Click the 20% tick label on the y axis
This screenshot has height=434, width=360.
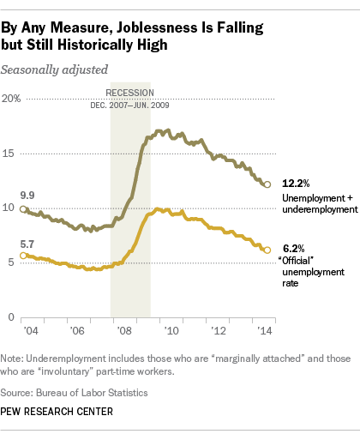(x=11, y=99)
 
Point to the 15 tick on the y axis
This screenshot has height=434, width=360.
(x=9, y=154)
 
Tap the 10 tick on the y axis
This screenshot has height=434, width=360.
(x=9, y=208)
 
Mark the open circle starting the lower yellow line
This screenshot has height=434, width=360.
(x=23, y=256)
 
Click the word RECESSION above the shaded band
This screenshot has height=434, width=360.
(x=130, y=92)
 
